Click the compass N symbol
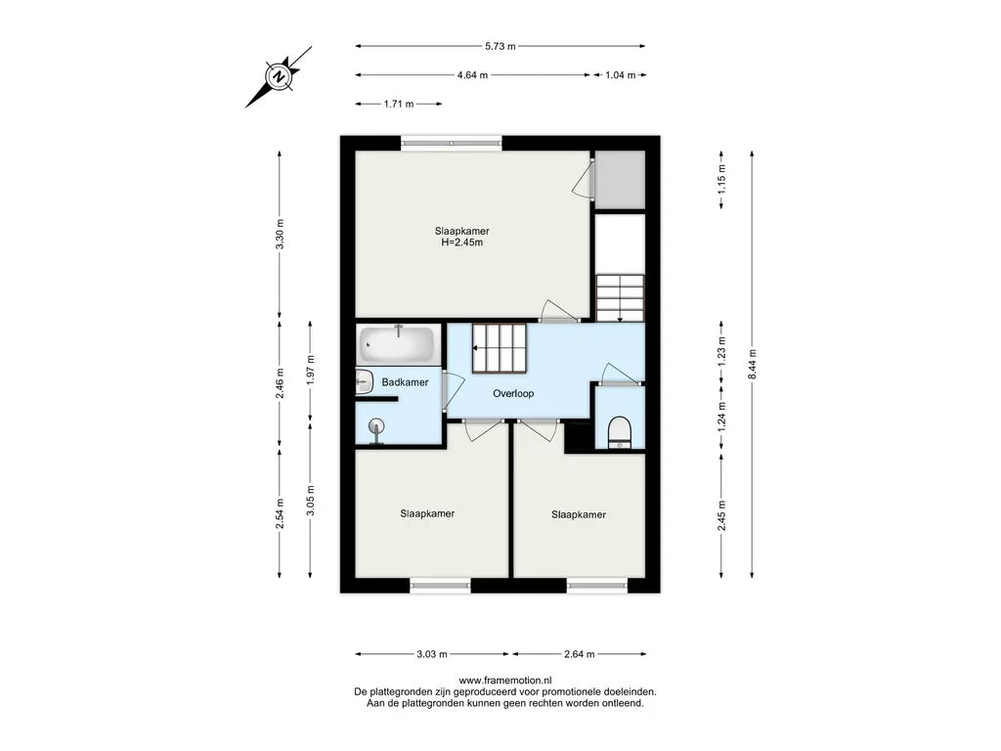point(279,77)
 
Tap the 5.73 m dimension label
point(500,46)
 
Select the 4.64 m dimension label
point(472,74)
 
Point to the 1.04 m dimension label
point(621,74)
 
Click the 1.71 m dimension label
point(399,104)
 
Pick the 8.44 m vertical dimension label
point(752,364)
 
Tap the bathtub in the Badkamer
point(397,343)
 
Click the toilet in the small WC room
point(619,431)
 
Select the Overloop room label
point(513,393)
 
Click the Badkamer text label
point(405,382)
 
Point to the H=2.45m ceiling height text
point(462,243)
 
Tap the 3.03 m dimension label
point(432,654)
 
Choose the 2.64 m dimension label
point(580,654)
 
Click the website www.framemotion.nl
point(505,681)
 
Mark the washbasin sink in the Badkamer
point(364,382)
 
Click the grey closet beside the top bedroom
point(619,180)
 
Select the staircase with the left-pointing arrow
point(500,348)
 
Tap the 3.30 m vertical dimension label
point(280,235)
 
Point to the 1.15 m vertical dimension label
point(721,180)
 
